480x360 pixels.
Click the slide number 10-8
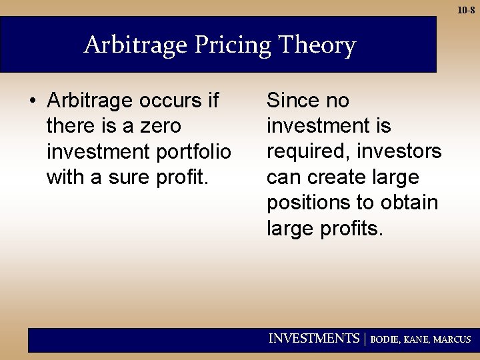pos(466,10)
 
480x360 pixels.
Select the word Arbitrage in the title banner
pos(137,45)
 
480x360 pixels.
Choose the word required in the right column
pos(307,152)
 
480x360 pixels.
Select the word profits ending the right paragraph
pos(353,229)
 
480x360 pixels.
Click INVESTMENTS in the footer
pos(313,339)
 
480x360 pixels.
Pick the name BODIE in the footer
pos(385,339)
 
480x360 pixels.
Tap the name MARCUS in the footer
pos(452,339)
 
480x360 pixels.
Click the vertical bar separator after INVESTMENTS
pos(365,339)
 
